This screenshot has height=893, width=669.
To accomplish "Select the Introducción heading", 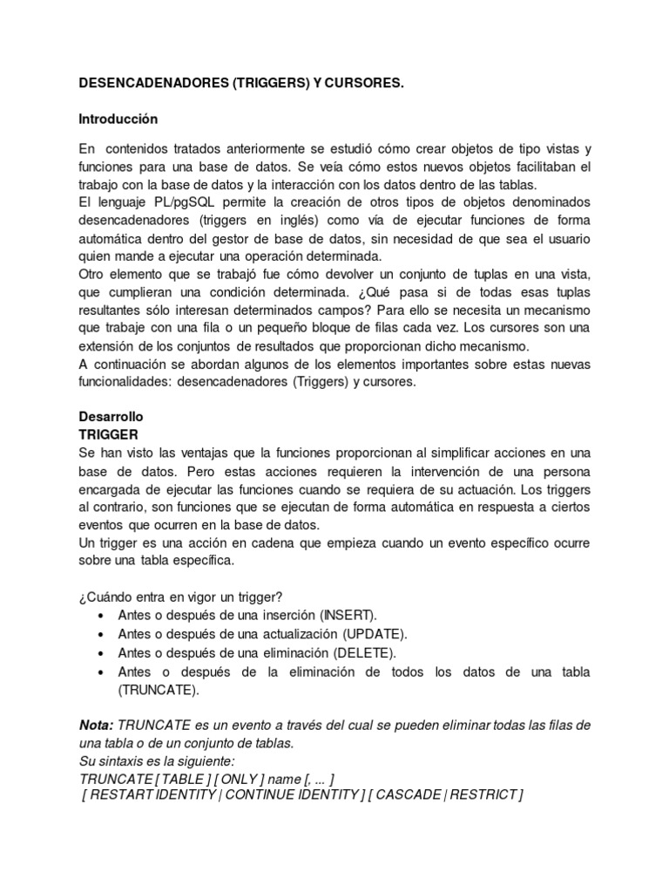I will (118, 118).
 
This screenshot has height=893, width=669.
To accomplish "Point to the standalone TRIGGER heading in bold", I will (108, 433).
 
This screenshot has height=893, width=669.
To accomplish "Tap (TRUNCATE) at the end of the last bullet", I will (159, 690).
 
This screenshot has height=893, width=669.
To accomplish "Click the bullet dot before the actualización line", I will (105, 634).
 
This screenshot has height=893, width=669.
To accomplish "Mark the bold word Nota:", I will (96, 726).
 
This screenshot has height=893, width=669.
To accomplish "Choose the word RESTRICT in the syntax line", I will (486, 795).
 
